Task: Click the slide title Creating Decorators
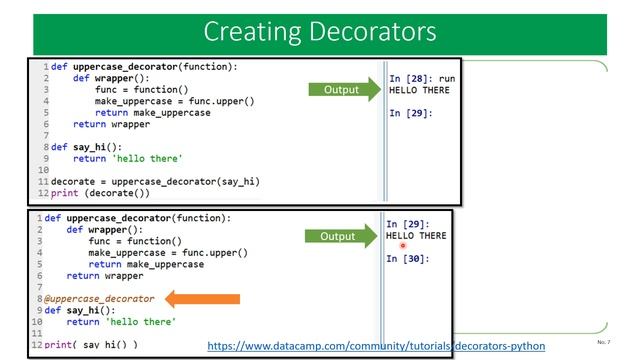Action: click(319, 32)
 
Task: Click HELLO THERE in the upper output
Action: click(419, 90)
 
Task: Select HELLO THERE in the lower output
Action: click(416, 236)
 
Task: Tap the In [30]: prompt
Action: click(407, 259)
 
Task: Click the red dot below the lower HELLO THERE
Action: click(403, 246)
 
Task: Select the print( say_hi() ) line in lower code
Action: click(90, 344)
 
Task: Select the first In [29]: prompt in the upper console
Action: click(410, 113)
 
